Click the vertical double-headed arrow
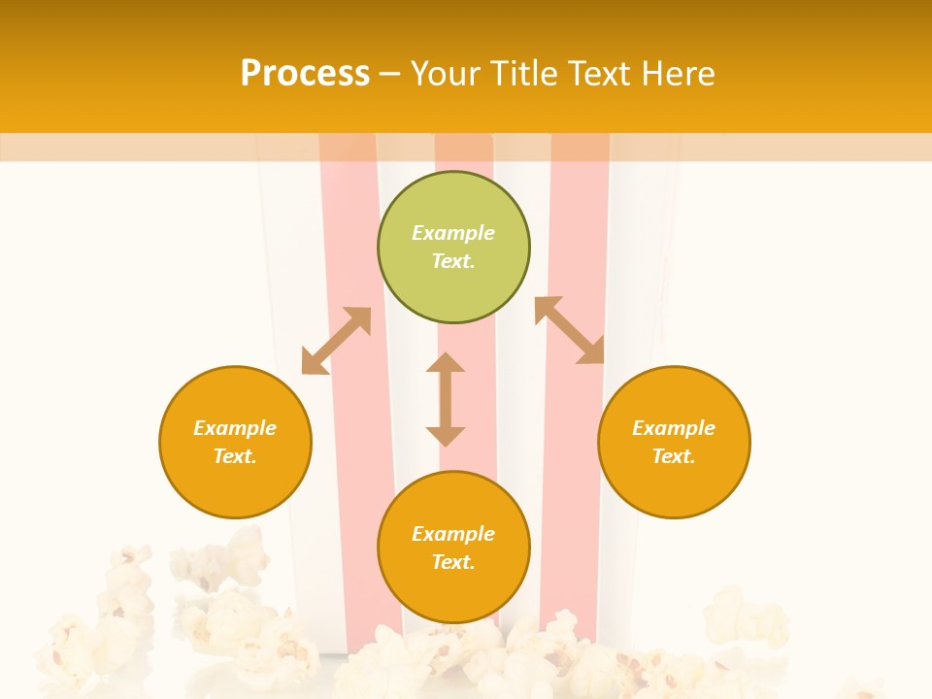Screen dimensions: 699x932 (x=446, y=399)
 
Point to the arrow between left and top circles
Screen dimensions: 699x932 (x=336, y=341)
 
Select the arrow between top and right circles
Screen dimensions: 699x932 (x=569, y=330)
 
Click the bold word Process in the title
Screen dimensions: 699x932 (x=305, y=73)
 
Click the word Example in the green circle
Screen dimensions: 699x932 (x=453, y=233)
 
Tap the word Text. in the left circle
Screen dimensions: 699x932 (x=235, y=456)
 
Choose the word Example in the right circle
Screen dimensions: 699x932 (x=674, y=428)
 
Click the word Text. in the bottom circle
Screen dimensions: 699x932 (x=453, y=562)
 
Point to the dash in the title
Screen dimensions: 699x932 (x=390, y=74)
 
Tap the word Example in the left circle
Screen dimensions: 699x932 (x=235, y=428)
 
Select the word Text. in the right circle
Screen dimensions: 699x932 (x=674, y=456)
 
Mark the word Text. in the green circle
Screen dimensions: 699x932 (x=453, y=261)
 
